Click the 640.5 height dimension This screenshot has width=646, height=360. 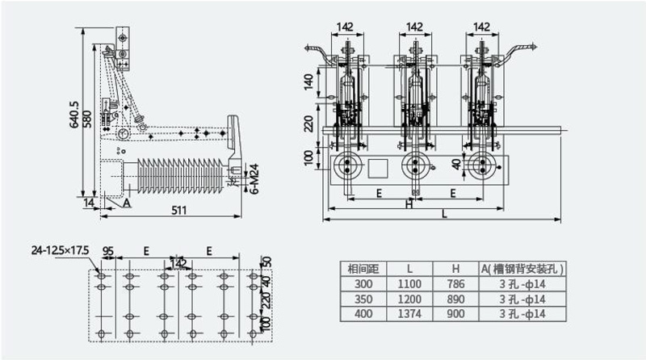[74, 115]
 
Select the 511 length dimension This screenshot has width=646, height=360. [178, 210]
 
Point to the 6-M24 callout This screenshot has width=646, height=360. [254, 178]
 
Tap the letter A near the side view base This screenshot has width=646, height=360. [127, 203]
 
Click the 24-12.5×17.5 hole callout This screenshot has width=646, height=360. [60, 250]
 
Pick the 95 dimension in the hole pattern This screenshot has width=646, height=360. [108, 251]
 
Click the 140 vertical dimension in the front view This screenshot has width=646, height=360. [308, 82]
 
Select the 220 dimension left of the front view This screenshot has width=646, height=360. [308, 123]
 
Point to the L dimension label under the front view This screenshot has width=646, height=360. [444, 214]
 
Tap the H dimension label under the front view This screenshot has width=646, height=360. [409, 204]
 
